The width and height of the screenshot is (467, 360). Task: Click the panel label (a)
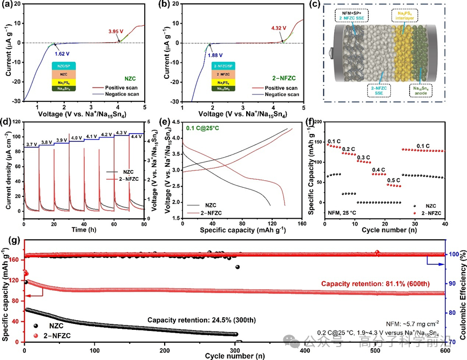pyautogui.click(x=6, y=5)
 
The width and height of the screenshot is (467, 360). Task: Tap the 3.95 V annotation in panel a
pyautogui.click(x=117, y=32)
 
